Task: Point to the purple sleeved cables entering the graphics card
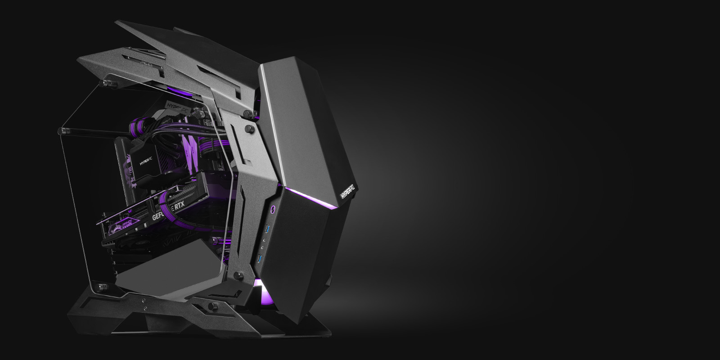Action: [166, 198]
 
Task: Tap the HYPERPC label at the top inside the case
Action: [177, 107]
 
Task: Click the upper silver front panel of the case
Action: [301, 121]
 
